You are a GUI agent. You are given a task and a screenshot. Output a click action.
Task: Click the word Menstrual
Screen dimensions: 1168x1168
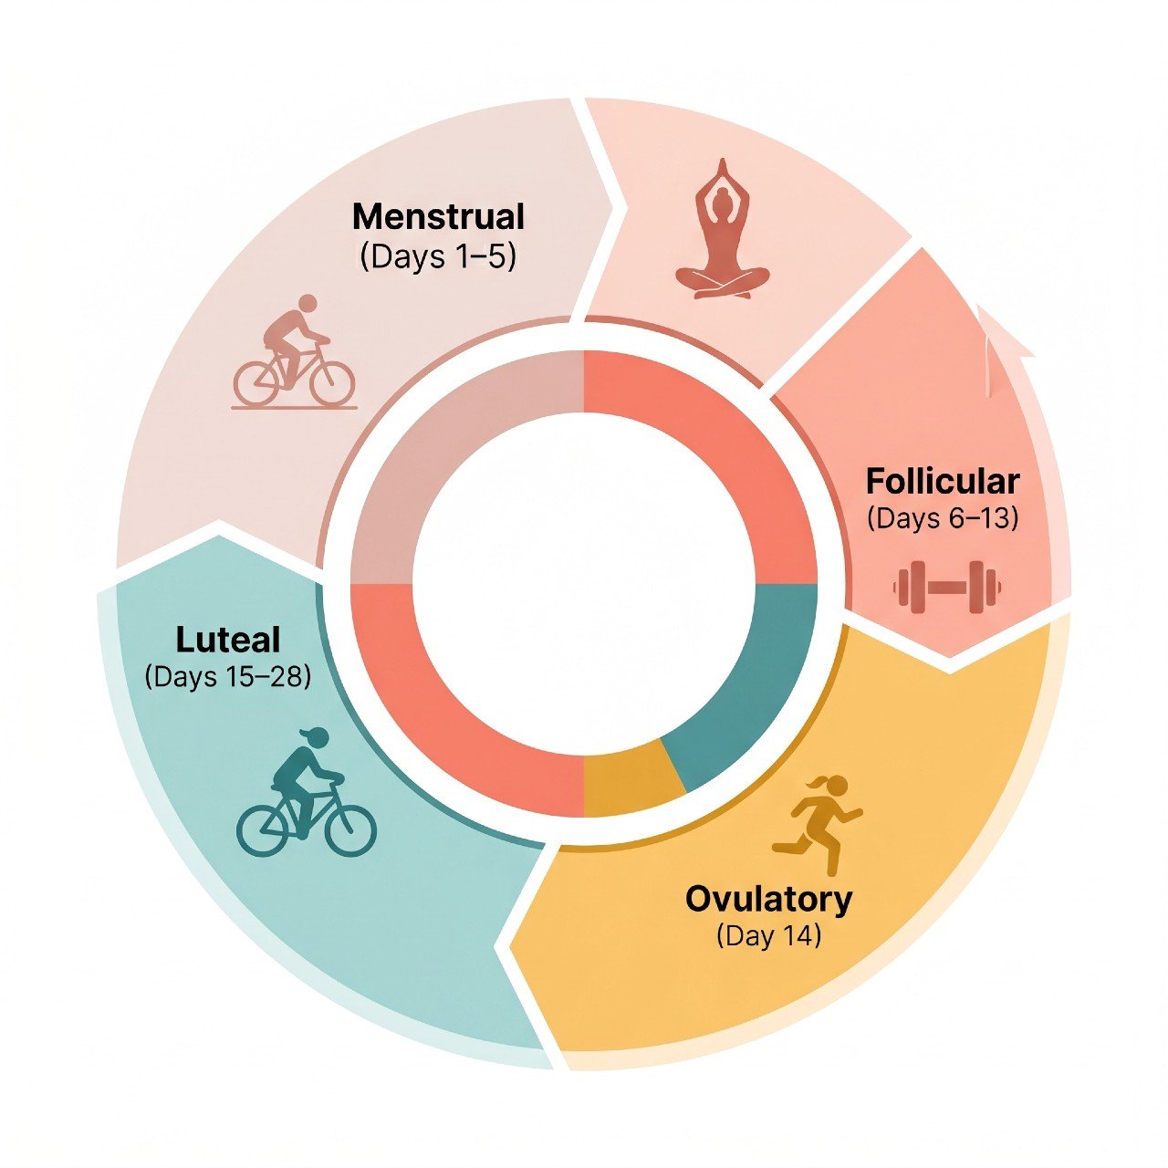point(438,217)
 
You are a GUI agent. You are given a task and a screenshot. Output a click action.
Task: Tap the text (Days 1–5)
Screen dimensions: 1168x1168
point(438,258)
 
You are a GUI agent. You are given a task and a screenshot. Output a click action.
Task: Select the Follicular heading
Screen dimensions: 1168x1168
point(943,482)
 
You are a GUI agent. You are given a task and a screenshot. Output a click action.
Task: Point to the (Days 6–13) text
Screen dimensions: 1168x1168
point(943,519)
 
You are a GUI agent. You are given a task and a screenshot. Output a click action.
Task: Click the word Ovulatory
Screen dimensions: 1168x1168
point(768,900)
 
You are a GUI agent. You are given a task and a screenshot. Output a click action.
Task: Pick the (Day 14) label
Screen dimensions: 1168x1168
point(768,936)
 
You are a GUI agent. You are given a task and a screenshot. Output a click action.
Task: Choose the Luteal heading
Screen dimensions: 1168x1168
point(228,640)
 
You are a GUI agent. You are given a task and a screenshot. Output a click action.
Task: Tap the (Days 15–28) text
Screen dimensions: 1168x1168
point(228,676)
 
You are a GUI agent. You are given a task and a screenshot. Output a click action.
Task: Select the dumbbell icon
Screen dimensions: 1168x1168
point(947,587)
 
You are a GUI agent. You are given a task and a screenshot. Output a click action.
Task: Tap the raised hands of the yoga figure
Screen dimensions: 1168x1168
point(722,172)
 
